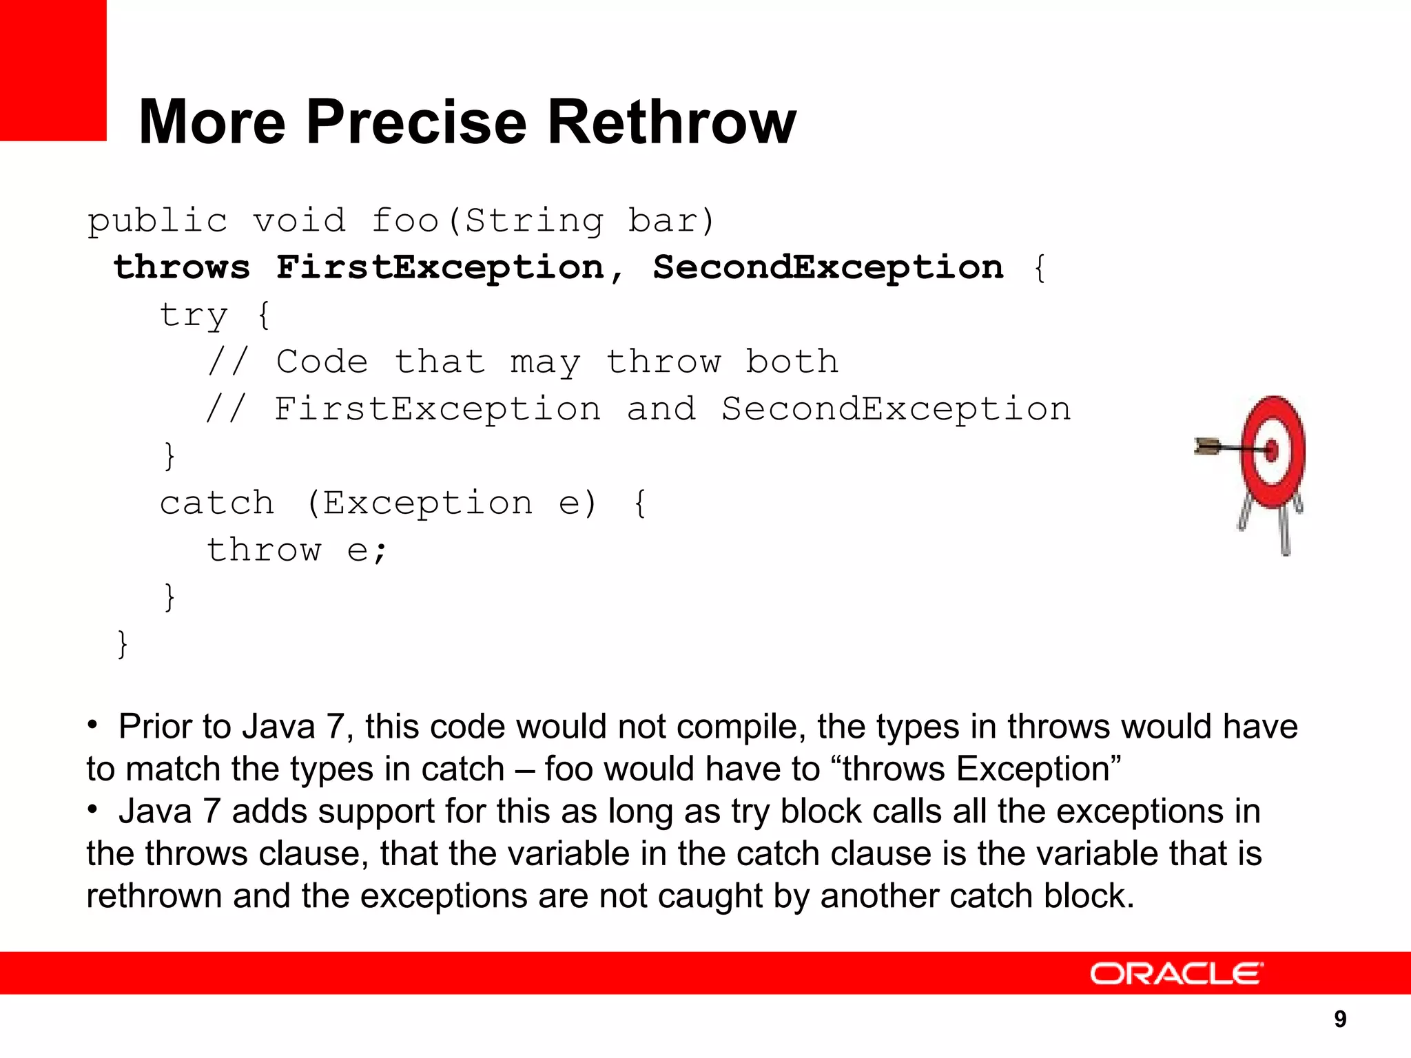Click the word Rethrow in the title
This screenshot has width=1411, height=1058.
tap(671, 123)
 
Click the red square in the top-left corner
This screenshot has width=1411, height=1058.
tap(52, 69)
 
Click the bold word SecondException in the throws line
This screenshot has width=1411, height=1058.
tap(828, 267)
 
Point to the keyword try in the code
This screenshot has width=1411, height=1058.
tap(193, 315)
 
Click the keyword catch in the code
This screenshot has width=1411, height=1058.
tap(216, 503)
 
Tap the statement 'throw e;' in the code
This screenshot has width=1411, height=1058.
tap(298, 550)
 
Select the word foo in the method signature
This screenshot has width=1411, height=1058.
tap(405, 221)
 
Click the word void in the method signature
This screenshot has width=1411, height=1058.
tap(299, 221)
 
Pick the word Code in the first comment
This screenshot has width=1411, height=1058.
tap(322, 362)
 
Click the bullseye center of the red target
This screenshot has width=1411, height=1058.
tap(1272, 450)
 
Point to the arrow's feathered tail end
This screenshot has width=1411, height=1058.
tap(1204, 447)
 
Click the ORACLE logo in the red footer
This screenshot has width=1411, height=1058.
tap(1176, 974)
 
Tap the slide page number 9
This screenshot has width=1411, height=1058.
tap(1340, 1019)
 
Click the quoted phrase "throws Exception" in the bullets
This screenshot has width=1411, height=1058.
tap(982, 769)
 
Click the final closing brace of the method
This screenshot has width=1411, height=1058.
tap(123, 644)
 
